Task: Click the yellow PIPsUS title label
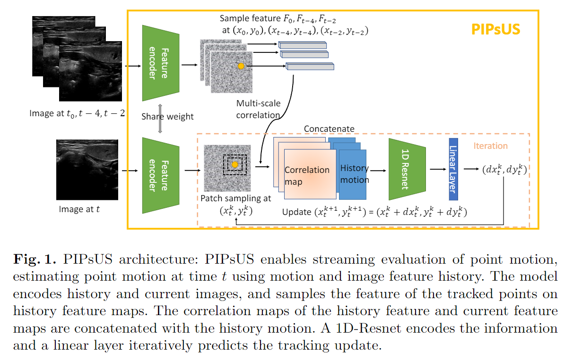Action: click(495, 29)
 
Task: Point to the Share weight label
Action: click(167, 117)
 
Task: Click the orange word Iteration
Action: click(491, 146)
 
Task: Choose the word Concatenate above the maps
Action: click(329, 129)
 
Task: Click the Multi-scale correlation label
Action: click(258, 109)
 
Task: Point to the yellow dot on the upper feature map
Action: click(241, 66)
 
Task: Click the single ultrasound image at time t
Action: click(87, 169)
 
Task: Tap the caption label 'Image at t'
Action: click(79, 209)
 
